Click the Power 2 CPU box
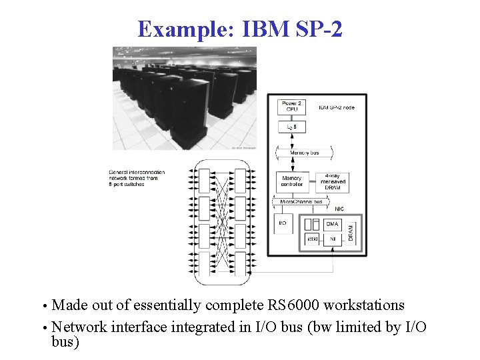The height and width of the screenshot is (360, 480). pyautogui.click(x=291, y=107)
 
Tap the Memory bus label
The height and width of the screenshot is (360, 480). pyautogui.click(x=304, y=153)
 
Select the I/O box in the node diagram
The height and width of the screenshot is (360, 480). pyautogui.click(x=283, y=223)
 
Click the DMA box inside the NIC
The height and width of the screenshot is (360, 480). pyautogui.click(x=333, y=224)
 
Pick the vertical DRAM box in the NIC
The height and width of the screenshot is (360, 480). pyautogui.click(x=351, y=231)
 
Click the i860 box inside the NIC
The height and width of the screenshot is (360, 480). pyautogui.click(x=312, y=238)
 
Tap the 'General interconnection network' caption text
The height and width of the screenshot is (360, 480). pyautogui.click(x=137, y=178)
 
